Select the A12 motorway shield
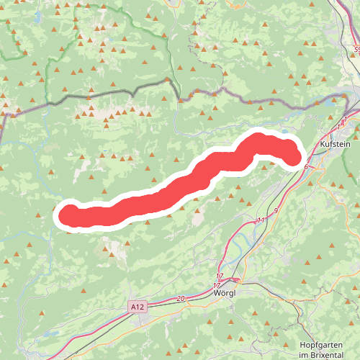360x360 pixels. [138, 307]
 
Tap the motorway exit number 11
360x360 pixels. [261, 219]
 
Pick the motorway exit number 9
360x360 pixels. [275, 209]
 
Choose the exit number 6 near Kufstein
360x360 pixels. [306, 167]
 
